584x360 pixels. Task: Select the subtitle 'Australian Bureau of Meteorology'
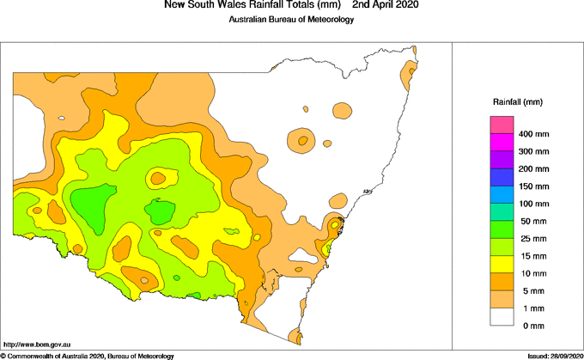pos(291,19)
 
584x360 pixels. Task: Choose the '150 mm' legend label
pos(534,186)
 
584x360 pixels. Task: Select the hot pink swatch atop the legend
pos(502,125)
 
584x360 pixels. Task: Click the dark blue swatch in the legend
pos(502,178)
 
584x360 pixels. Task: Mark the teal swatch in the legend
pos(502,212)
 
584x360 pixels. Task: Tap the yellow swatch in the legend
pos(502,265)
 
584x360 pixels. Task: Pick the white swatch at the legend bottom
pos(502,316)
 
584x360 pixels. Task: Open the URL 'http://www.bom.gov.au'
pos(36,345)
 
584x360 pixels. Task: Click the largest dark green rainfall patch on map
pos(89,204)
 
